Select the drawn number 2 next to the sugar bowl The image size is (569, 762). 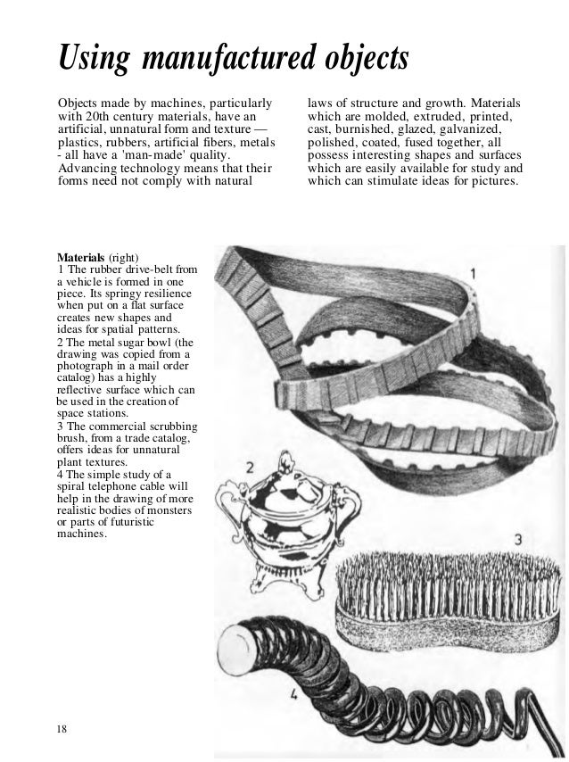[252, 467]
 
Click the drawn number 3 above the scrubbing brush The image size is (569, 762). [518, 539]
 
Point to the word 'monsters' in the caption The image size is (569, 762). [164, 509]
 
